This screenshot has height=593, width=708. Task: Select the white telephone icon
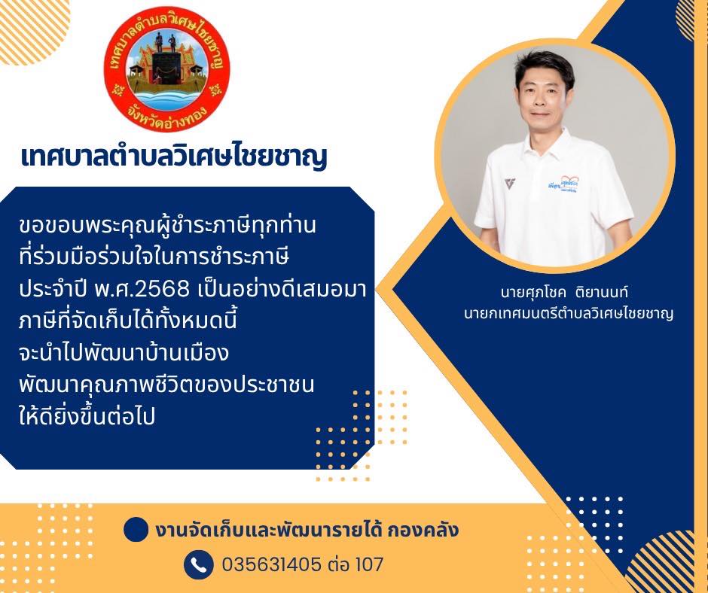click(199, 564)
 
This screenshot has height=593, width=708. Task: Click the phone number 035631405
click(272, 564)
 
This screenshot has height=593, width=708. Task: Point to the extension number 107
click(370, 564)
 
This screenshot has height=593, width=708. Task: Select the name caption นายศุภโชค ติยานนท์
click(564, 292)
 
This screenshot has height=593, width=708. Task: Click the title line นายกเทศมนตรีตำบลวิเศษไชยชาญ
click(569, 313)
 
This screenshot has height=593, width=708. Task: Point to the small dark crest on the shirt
click(510, 184)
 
